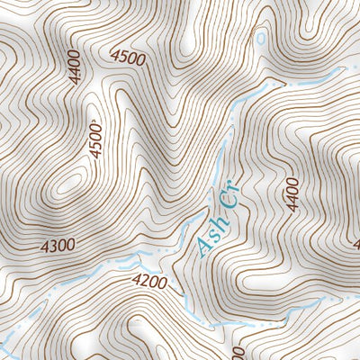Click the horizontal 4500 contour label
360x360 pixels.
tap(127, 58)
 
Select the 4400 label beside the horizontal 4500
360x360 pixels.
tap(74, 67)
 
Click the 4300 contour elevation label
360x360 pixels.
tap(57, 244)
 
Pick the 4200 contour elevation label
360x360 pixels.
tap(149, 282)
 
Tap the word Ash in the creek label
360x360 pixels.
tap(209, 237)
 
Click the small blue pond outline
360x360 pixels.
tap(261, 40)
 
